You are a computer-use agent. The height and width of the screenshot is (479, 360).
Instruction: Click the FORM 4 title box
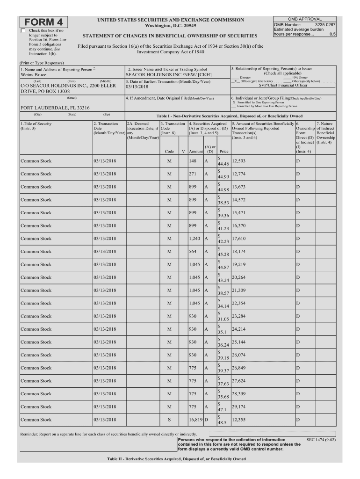(x=43, y=22)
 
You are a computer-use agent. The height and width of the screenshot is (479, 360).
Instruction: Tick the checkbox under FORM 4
(x=23, y=31)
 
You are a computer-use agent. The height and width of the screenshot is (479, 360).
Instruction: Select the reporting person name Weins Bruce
(x=34, y=75)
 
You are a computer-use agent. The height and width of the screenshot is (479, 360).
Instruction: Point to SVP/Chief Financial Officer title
(x=282, y=85)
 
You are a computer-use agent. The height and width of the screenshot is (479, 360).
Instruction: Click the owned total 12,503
(x=239, y=161)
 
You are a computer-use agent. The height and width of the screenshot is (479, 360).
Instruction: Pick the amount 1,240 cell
(x=195, y=239)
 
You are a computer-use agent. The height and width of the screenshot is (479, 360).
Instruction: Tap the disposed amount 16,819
(x=195, y=420)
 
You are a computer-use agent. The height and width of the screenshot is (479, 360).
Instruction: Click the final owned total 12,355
(x=239, y=420)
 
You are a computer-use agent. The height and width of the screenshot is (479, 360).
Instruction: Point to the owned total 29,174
(x=239, y=407)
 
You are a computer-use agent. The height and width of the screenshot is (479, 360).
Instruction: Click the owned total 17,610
(x=239, y=239)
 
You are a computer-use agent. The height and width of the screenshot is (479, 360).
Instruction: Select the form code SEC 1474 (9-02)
(x=321, y=440)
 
